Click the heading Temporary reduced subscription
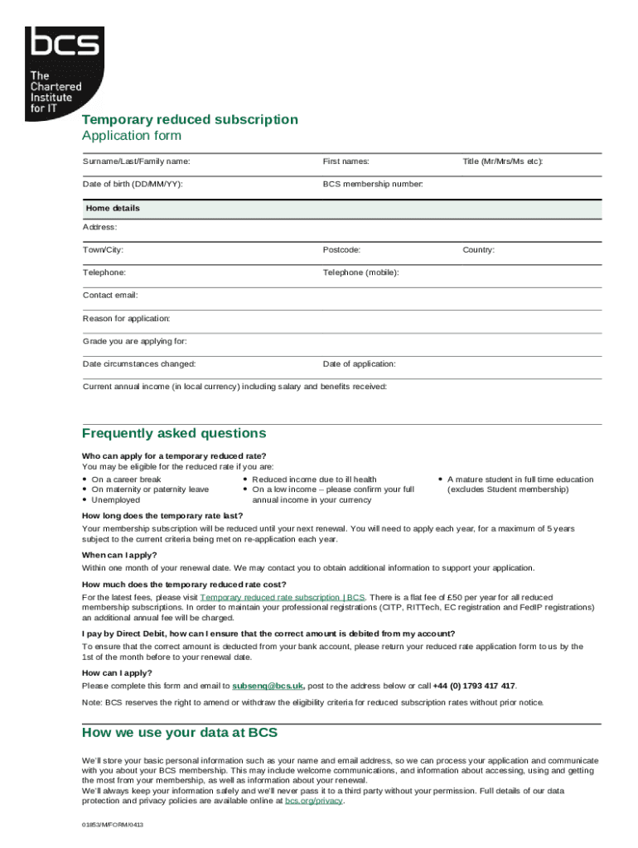[x=190, y=119]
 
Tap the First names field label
[x=346, y=161]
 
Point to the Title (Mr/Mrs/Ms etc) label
[x=502, y=161]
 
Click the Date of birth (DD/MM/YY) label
[x=133, y=184]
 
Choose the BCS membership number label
[x=373, y=184]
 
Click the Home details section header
[x=111, y=208]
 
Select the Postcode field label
[x=341, y=249]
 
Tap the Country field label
[x=478, y=249]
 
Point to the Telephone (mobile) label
[x=361, y=272]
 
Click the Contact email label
[x=110, y=295]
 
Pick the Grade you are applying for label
[x=134, y=341]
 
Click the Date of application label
[x=359, y=364]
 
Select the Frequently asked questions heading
[x=174, y=433]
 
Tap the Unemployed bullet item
[x=115, y=500]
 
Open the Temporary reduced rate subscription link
[x=283, y=597]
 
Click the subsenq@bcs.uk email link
[x=268, y=686]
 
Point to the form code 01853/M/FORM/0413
[x=113, y=826]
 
